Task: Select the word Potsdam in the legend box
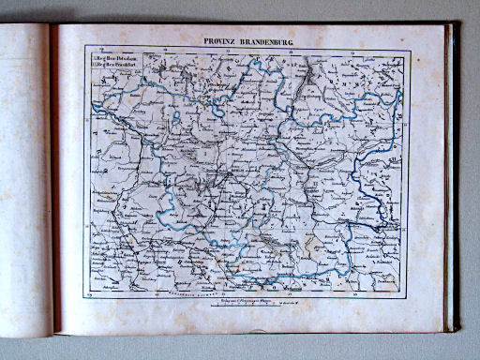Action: point(126,59)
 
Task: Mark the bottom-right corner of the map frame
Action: point(409,292)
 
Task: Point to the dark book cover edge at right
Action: point(454,178)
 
